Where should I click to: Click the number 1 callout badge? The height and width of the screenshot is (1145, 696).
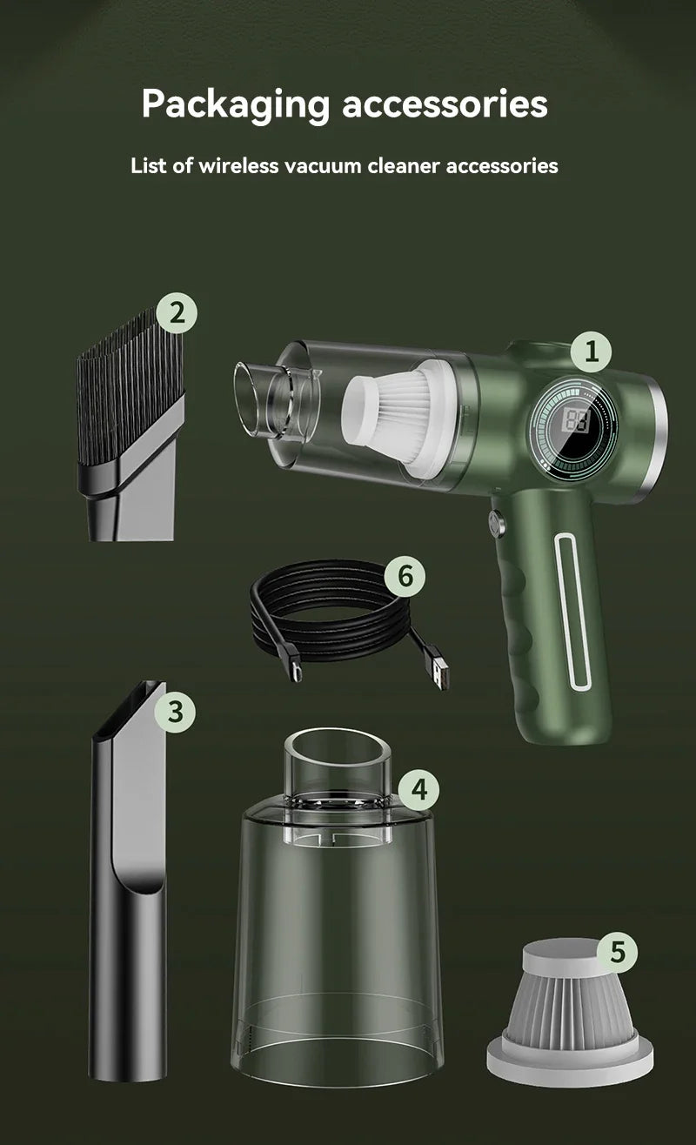point(592,352)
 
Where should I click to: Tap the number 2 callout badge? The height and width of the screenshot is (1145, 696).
point(177,312)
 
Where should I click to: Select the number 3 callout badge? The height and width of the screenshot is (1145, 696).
point(176,711)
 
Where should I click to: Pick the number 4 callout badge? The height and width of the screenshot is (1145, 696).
point(419,789)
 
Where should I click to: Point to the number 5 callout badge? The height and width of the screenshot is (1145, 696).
point(617,951)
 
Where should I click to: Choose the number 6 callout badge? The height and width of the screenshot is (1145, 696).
point(405,575)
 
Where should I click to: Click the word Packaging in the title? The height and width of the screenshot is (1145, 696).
point(235,104)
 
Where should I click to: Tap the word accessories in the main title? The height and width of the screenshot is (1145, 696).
point(445,104)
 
